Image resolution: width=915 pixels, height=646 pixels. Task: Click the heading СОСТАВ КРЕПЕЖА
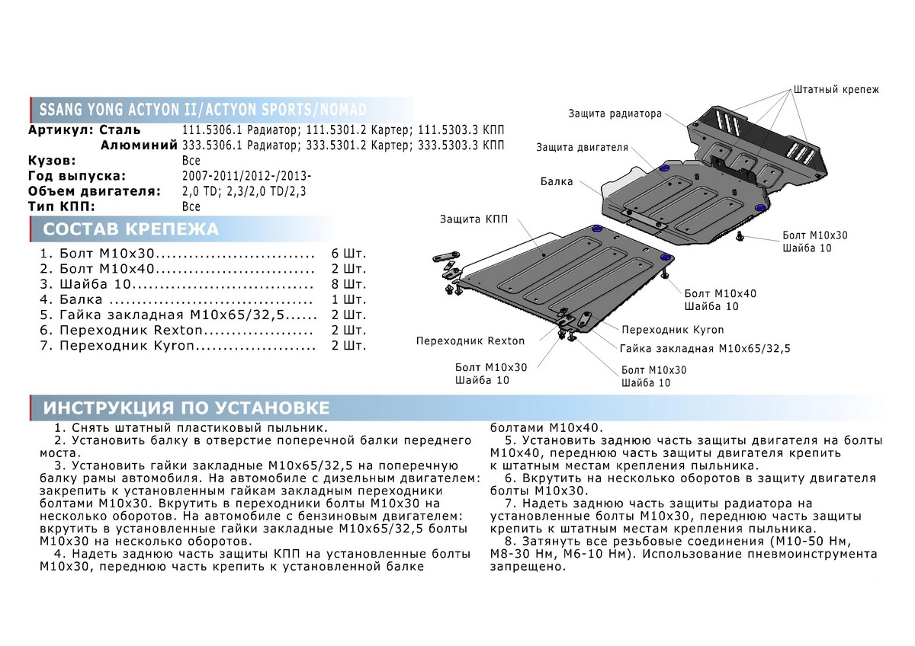130,229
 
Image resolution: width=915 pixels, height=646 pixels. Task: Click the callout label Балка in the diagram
557,182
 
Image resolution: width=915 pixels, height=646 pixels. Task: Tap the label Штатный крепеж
836,90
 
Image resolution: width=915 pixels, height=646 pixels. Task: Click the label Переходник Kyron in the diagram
673,330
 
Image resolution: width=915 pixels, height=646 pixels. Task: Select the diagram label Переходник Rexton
470,341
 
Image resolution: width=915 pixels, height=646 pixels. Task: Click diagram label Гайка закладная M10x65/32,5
705,349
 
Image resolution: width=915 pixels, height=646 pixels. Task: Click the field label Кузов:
52,161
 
